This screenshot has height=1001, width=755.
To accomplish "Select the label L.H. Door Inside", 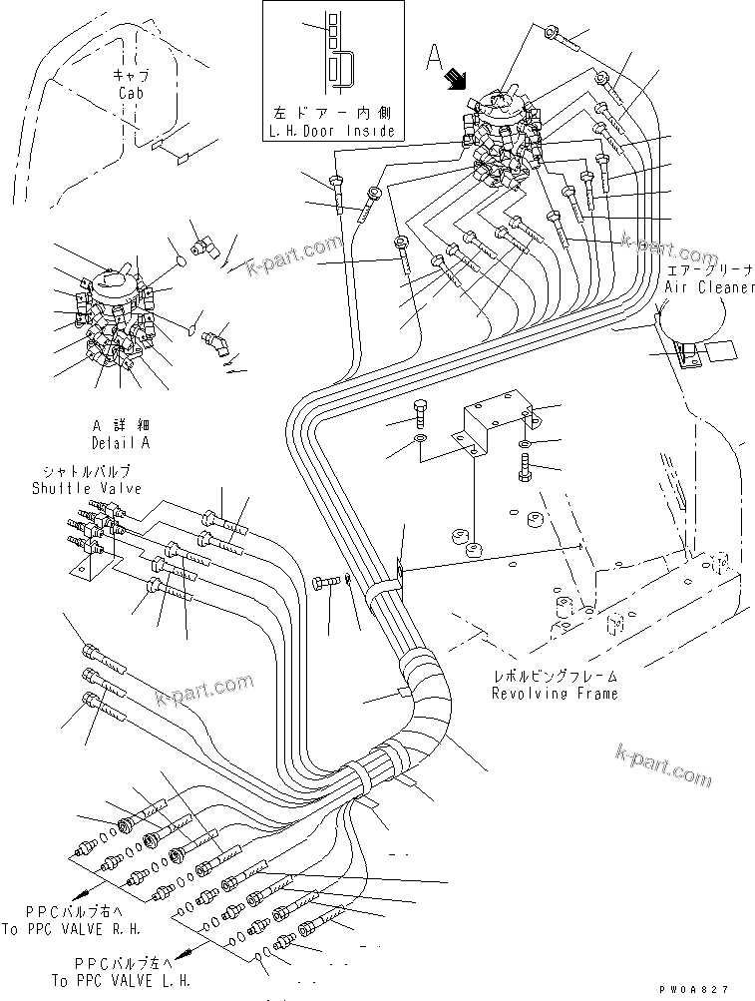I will (x=332, y=132).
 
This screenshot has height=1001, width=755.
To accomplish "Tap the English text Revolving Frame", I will (x=554, y=693).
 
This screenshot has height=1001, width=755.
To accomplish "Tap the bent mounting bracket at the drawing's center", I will (x=488, y=429).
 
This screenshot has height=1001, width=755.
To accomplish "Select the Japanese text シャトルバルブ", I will (x=85, y=471).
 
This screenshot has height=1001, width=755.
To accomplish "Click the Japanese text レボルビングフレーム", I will (x=554, y=676).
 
